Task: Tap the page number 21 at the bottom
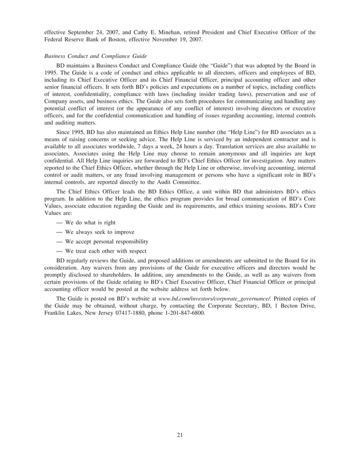point(179,434)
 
